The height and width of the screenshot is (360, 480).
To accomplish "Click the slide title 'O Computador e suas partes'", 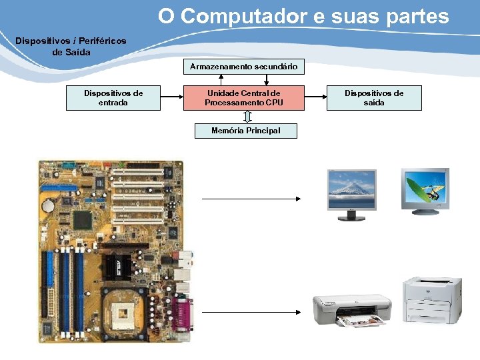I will pos(303,16).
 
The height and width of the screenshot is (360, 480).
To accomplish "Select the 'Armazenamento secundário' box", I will pos(244,67).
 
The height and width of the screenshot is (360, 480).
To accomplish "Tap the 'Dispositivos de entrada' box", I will pos(113,97).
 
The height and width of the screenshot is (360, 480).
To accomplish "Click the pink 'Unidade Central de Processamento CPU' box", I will pos(244,97).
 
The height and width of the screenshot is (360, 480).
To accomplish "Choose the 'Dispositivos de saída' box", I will pos(374,97).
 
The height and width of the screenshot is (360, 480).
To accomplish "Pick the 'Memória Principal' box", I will pos(245,131).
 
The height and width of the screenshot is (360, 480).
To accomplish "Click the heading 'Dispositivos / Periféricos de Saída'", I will pos(71,47).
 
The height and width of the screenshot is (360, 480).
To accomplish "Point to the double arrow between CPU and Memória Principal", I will pos(247,117).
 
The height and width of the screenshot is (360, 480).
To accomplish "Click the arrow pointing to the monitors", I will pos(251,198).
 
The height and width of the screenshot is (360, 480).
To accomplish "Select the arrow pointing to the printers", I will pos(251,311).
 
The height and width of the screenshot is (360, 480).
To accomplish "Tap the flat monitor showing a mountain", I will pos(351,194).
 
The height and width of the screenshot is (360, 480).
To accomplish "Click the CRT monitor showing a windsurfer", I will pos(425,191).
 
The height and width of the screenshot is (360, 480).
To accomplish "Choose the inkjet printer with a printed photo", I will pos(352,310).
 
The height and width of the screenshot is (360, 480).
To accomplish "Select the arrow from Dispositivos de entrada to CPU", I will pos(172,97).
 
